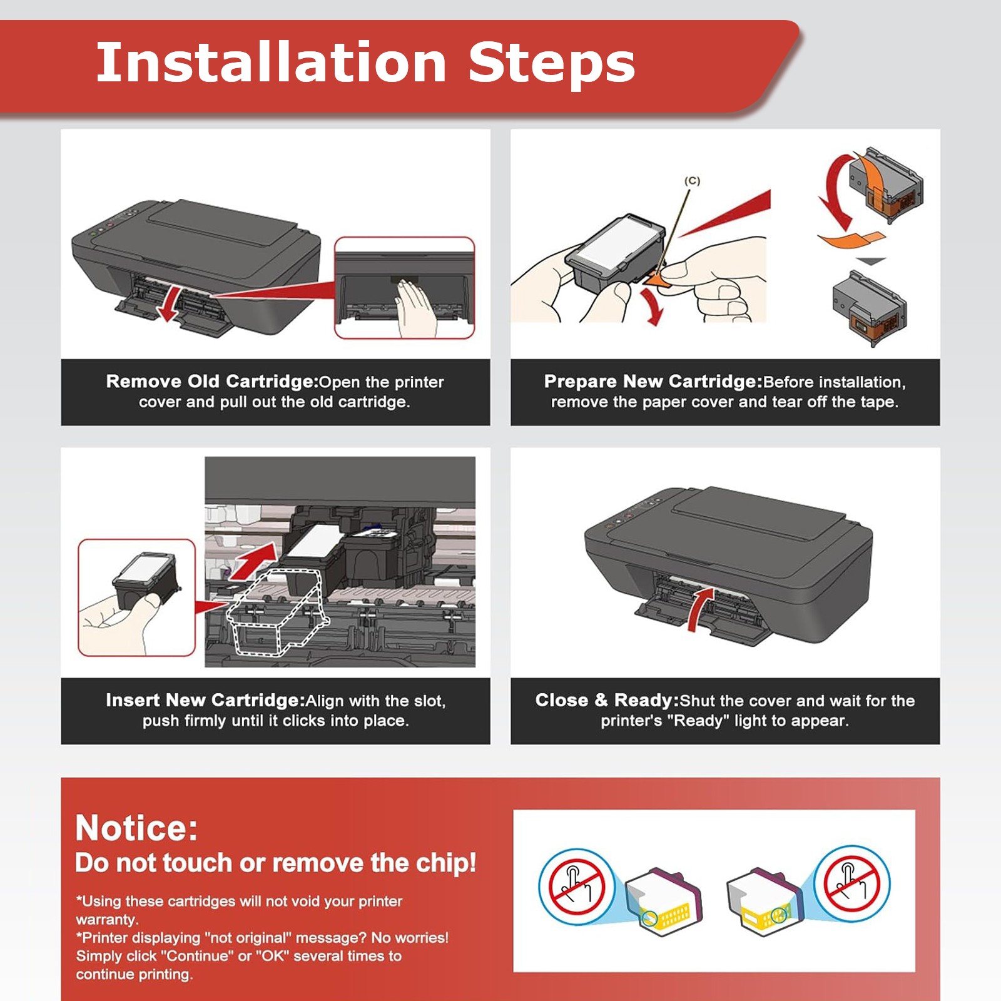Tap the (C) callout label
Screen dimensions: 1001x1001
point(692,181)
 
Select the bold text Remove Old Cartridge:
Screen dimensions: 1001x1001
point(212,382)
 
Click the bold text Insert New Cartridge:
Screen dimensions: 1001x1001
point(205,700)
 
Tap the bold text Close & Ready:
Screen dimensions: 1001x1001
point(607,700)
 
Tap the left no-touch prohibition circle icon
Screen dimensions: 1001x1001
point(576,886)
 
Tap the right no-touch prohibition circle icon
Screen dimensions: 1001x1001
point(851,884)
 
